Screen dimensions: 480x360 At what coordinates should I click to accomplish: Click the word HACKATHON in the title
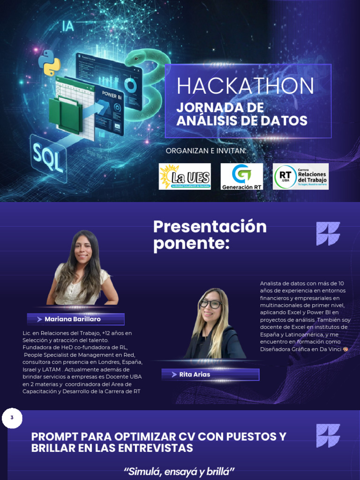click(245, 86)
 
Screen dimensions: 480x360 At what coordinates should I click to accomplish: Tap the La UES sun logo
click(185, 177)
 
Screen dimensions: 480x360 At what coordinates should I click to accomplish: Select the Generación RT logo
click(241, 177)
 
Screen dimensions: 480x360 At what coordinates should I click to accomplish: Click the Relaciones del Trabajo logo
click(300, 177)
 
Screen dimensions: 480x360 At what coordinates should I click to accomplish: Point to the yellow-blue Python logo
click(49, 63)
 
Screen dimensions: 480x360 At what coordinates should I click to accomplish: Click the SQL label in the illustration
click(47, 158)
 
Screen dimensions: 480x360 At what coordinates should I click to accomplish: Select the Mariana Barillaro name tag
click(75, 319)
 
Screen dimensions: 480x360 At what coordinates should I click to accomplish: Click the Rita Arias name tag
click(210, 375)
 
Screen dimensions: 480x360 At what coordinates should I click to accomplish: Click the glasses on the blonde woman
click(210, 304)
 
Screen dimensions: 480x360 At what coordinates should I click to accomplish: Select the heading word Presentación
click(210, 227)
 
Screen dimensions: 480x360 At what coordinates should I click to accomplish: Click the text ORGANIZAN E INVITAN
click(206, 150)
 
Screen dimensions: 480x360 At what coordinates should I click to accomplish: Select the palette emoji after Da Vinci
click(345, 349)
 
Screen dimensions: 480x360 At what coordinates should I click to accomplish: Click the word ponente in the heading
click(191, 244)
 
